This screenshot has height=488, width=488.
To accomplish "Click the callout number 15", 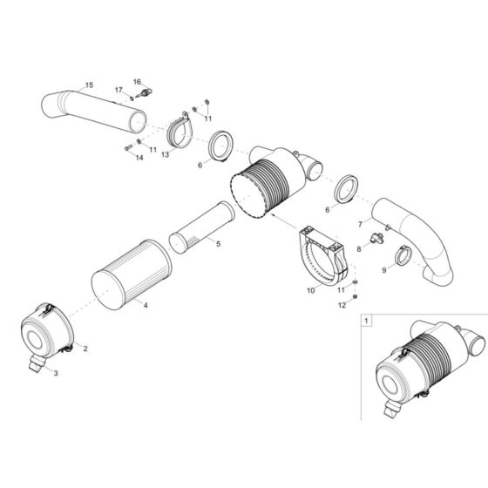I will pyautogui.click(x=89, y=85).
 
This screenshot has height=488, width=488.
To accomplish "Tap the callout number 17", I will pyautogui.click(x=119, y=90).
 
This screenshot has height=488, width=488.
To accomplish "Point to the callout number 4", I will pyautogui.click(x=146, y=305).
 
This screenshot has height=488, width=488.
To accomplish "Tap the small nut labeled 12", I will pyautogui.click(x=357, y=296).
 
